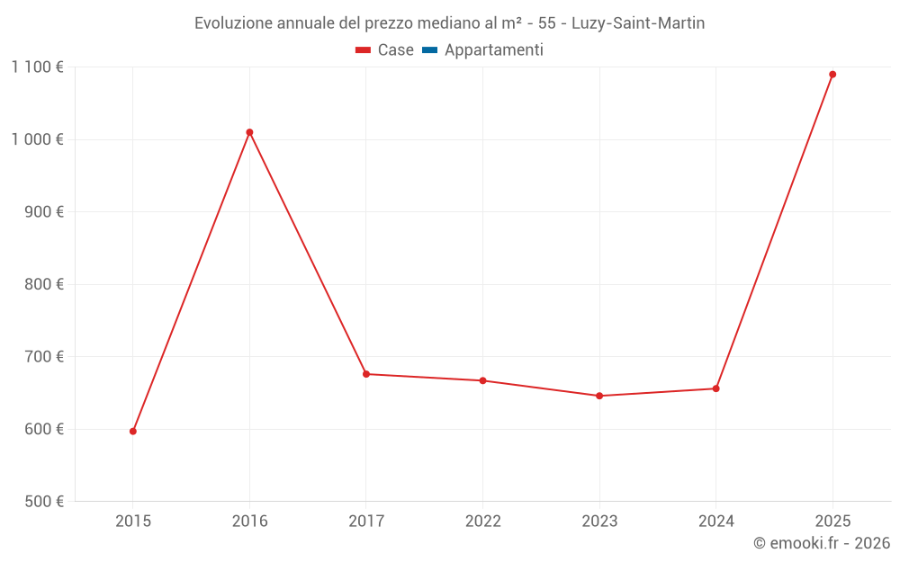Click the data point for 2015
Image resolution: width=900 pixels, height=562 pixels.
[x=133, y=432]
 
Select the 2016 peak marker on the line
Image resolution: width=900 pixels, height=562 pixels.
[x=249, y=132]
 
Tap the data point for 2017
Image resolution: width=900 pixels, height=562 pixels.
[x=366, y=374]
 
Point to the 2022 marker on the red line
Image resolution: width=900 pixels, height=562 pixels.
[x=482, y=380]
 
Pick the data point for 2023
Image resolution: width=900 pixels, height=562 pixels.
[x=599, y=396]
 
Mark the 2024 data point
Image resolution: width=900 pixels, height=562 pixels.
[x=715, y=388]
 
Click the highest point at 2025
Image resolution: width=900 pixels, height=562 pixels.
[x=832, y=75]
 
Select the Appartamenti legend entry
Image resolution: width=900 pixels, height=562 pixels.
[x=493, y=50]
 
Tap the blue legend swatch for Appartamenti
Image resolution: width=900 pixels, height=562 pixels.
[x=429, y=50]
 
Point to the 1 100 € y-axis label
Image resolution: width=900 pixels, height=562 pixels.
[x=37, y=67]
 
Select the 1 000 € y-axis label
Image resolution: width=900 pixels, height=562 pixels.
[x=37, y=139]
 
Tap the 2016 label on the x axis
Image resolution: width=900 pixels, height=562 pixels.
[x=249, y=521]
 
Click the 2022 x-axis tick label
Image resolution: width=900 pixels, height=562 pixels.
[x=482, y=521]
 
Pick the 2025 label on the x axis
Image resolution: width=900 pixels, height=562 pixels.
[x=832, y=521]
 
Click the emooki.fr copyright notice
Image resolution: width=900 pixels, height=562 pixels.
[x=822, y=543]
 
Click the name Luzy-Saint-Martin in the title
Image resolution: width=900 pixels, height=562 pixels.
[x=638, y=22]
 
